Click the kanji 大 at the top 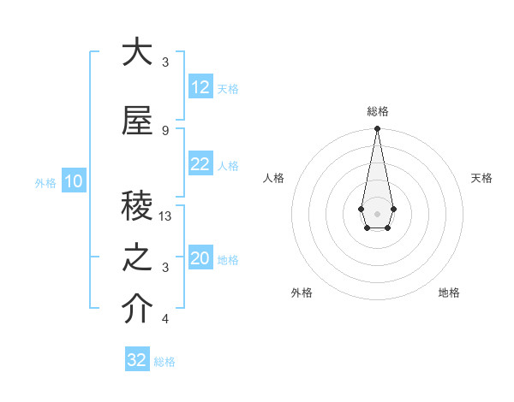click(x=136, y=52)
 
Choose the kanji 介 click(x=136, y=310)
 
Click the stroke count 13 click(x=166, y=217)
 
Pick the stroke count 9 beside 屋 click(x=165, y=130)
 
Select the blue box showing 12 click(x=200, y=87)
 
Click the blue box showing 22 click(x=200, y=164)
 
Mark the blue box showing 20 click(x=200, y=258)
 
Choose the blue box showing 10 click(x=73, y=181)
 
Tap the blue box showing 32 click(x=137, y=360)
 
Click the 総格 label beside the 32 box click(x=165, y=362)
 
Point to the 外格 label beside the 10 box click(x=45, y=183)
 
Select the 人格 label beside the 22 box click(x=228, y=166)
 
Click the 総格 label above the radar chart click(x=377, y=111)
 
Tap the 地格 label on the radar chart click(x=449, y=293)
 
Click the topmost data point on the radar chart click(x=377, y=129)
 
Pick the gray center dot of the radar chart click(x=377, y=212)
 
